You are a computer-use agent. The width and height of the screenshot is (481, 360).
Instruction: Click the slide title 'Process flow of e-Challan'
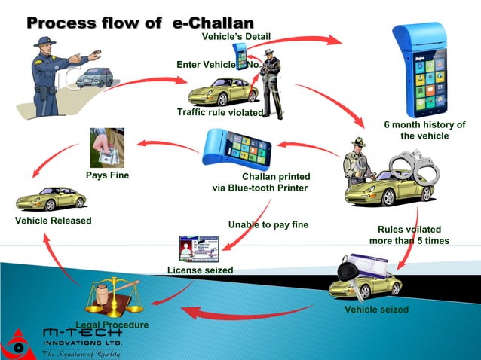[x=139, y=23]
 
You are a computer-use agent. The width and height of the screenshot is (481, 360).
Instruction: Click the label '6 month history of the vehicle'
[x=424, y=130]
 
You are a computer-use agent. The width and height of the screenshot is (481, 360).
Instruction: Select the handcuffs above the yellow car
[x=412, y=165]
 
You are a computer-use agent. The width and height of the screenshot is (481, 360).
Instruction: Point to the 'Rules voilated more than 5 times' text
[x=409, y=235]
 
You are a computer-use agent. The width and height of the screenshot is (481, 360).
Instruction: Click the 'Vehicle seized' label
[x=376, y=310]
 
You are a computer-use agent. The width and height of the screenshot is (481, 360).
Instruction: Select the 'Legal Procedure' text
[x=112, y=325]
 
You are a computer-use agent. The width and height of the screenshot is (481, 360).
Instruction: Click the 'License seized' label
[x=200, y=270]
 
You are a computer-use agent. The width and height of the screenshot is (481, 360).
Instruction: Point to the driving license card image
[x=198, y=248]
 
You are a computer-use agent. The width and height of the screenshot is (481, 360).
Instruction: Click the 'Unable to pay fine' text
[x=268, y=224]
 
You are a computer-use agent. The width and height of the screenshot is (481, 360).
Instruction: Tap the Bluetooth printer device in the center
[x=237, y=148]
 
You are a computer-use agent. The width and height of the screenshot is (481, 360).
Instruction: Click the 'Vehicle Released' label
[x=53, y=221]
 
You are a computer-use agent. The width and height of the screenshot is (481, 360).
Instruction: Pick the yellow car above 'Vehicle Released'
[x=51, y=198]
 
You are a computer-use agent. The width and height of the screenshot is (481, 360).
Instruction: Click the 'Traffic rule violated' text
[x=219, y=113]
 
